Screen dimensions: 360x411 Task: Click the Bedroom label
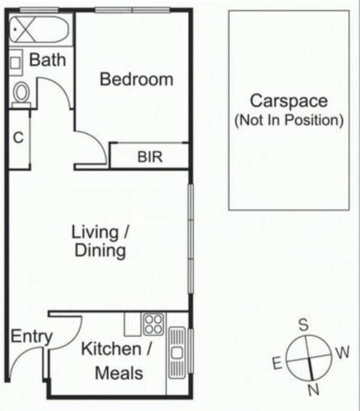[136, 80]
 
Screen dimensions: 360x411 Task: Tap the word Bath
[48, 60]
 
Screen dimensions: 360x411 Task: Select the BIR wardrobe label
[150, 157]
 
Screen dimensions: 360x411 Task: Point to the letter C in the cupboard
[18, 137]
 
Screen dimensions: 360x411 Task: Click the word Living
[95, 233]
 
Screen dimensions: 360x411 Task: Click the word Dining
[100, 251]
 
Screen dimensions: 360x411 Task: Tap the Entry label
[31, 337]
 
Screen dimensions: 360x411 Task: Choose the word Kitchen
[111, 349]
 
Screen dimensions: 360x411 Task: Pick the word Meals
[119, 373]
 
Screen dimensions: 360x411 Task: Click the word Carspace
[288, 101]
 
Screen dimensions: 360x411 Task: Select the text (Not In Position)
[289, 120]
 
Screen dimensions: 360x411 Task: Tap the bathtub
[39, 30]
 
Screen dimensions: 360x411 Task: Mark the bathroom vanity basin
[16, 62]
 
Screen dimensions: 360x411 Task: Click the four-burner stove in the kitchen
[154, 324]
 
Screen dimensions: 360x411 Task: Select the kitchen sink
[177, 353]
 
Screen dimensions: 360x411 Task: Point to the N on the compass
[314, 390]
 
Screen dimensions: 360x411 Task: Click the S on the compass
[303, 325]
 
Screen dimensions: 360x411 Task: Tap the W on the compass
[342, 353]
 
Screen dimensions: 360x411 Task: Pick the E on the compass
[277, 363]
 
